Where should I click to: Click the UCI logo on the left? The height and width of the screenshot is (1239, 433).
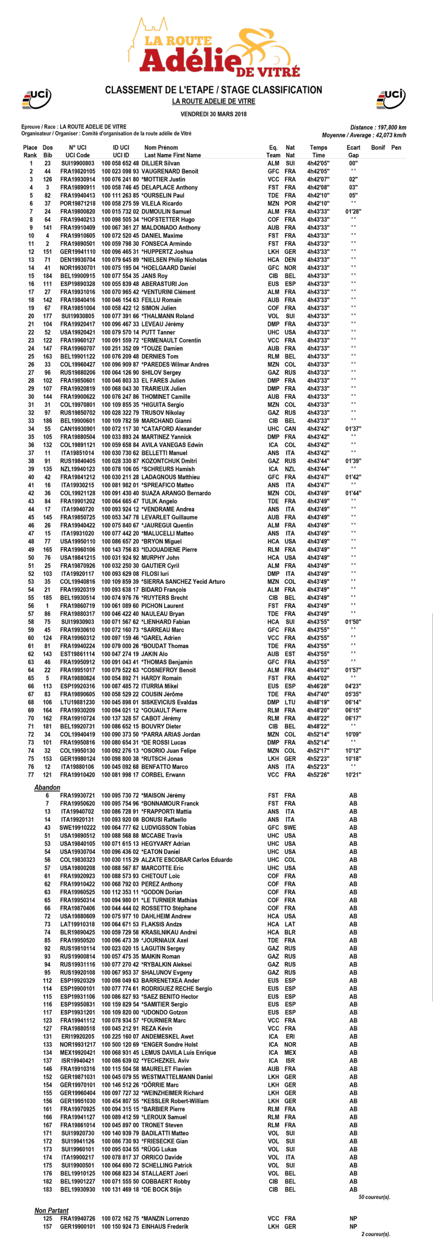(x=36, y=98)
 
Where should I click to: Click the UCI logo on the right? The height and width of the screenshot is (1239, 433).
(x=391, y=98)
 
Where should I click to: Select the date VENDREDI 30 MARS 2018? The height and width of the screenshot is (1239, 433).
(x=214, y=114)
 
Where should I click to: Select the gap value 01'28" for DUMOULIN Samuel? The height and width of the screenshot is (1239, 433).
(x=353, y=212)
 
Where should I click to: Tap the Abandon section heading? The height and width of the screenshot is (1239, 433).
(x=47, y=787)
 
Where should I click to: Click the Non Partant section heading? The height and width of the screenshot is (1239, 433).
(x=51, y=1210)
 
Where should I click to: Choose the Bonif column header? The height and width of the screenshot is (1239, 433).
(x=378, y=148)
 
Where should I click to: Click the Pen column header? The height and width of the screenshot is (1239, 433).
(x=396, y=148)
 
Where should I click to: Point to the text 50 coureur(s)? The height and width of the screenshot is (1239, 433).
(x=374, y=1197)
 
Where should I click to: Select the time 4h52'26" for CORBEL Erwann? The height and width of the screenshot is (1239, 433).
(x=318, y=775)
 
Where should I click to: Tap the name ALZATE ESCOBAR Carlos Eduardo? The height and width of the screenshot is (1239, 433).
(x=186, y=860)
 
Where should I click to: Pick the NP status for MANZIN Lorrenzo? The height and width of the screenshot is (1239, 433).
(x=353, y=1218)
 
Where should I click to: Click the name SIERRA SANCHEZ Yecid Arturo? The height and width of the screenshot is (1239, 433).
(x=183, y=582)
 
